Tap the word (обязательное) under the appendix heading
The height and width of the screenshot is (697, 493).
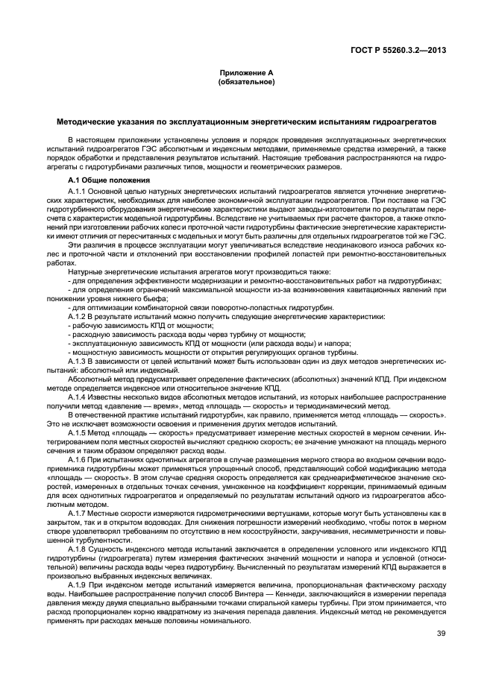pyautogui.click(x=246, y=82)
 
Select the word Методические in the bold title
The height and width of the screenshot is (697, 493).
pyautogui.click(x=84, y=121)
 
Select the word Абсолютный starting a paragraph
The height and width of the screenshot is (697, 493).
pyautogui.click(x=87, y=379)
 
